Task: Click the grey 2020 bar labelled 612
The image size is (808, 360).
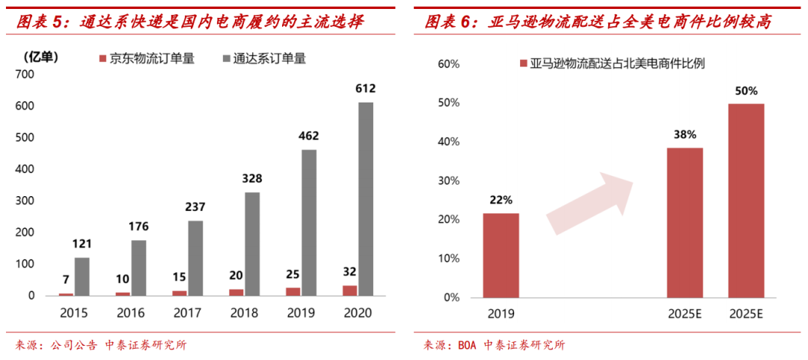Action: point(366,198)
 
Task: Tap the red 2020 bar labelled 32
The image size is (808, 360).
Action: point(350,290)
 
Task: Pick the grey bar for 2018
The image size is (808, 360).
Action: point(252,244)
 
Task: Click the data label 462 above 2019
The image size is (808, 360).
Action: point(308,136)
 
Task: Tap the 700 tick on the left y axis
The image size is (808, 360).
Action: point(25,74)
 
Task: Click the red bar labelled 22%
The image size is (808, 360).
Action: point(501,254)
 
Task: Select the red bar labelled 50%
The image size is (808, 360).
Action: point(746,200)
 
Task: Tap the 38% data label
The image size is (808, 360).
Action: point(685,135)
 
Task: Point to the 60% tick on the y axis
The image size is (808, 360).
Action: point(448,64)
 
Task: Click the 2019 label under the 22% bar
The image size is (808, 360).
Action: point(501,312)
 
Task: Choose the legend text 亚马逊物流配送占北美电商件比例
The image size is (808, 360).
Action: point(616,64)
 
